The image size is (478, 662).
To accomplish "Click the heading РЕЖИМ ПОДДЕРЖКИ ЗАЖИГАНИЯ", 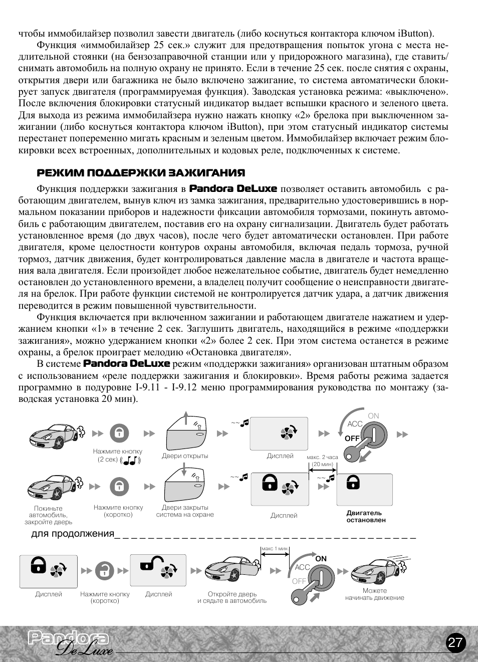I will coord(141,173).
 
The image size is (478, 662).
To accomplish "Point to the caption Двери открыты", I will coord(185,456).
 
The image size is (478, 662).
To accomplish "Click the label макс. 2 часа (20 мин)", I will coord(322,461).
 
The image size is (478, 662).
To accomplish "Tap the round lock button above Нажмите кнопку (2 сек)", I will coord(119,433).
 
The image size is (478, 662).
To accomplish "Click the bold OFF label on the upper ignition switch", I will coord(352,438).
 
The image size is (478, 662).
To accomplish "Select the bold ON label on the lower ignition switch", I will coord(321,558).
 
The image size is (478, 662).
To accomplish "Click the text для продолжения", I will coord(73,534).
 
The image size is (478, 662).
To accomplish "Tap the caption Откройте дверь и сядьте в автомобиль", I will coord(232,597).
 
